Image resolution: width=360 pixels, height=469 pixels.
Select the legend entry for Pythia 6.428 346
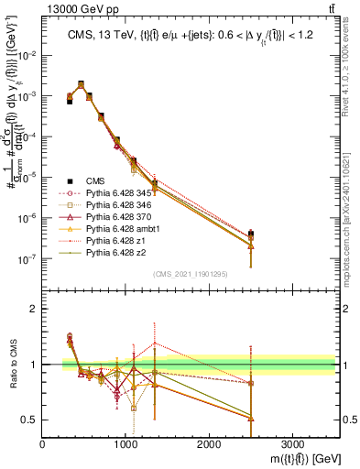tap(110, 209)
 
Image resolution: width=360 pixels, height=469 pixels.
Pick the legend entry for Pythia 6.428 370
tap(110, 223)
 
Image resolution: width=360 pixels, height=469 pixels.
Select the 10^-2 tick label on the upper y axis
tap(28, 55)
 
